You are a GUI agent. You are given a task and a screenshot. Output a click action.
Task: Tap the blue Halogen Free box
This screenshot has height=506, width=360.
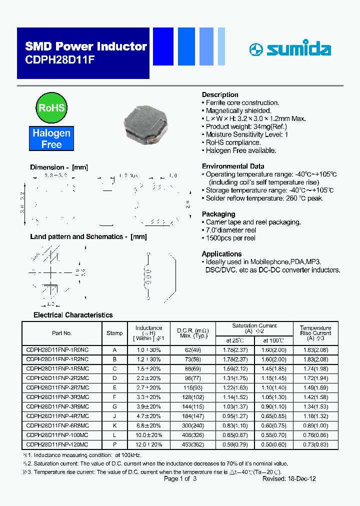click(x=51, y=139)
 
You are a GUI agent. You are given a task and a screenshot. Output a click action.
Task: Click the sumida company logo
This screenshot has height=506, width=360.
click(x=290, y=49)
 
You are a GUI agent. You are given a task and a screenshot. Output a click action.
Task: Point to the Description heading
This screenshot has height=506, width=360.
click(x=220, y=95)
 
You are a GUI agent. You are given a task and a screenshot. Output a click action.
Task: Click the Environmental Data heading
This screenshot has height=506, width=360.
click(x=233, y=166)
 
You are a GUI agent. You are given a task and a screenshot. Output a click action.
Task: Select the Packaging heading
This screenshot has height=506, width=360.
click(x=218, y=214)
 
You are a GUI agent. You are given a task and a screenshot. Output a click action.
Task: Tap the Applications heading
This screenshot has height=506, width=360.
click(x=221, y=254)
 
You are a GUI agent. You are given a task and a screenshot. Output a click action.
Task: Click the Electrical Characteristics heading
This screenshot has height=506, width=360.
click(x=73, y=315)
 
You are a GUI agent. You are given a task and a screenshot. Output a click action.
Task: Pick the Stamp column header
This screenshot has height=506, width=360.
click(x=114, y=333)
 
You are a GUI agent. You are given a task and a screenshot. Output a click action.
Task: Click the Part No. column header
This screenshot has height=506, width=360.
click(x=62, y=333)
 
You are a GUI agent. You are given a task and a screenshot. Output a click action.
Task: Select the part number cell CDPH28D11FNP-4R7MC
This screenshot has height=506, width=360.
click(x=57, y=415)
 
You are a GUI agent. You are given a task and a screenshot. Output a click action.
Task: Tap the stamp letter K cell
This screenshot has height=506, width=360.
click(x=114, y=425)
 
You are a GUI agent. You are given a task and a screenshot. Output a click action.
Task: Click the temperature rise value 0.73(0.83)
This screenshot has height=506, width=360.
click(x=315, y=444)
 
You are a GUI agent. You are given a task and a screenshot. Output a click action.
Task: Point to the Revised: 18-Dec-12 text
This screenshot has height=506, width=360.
click(x=289, y=478)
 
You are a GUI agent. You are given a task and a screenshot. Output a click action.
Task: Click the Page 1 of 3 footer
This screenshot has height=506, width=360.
click(x=180, y=478)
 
